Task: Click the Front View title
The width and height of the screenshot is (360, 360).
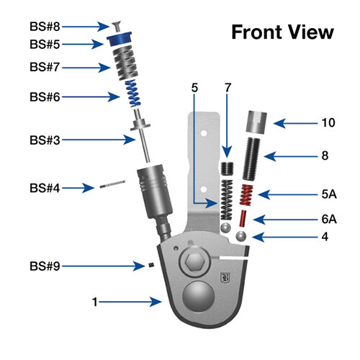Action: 282,32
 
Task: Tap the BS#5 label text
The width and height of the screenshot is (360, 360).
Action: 44,44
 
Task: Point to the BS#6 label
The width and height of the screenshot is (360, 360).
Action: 44,96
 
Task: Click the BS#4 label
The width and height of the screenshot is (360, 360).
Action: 44,188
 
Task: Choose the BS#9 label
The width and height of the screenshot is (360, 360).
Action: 44,266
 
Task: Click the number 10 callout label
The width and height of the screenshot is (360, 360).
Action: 328,123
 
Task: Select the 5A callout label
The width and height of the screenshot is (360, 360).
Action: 328,193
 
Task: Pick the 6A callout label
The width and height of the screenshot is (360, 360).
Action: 328,219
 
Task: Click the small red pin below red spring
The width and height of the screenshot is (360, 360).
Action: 244,218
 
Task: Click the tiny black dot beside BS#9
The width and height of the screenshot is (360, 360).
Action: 152,266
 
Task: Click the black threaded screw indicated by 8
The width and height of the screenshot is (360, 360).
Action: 253,156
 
